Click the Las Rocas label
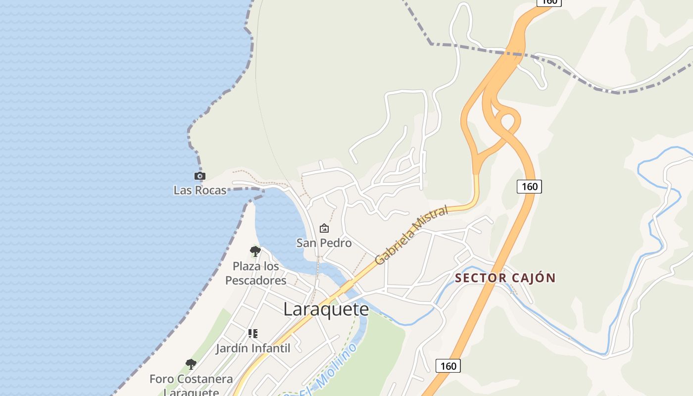tap(200, 190)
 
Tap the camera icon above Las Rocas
tap(199, 176)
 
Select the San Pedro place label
tap(324, 243)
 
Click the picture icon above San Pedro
tap(324, 228)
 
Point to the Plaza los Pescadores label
tap(255, 273)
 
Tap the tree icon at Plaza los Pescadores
tap(255, 251)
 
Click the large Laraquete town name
tap(326, 309)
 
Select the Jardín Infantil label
tap(253, 348)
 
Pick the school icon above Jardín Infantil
tap(253, 334)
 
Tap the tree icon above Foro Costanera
tap(191, 365)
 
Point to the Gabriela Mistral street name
tap(411, 235)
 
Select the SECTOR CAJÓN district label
tap(505, 278)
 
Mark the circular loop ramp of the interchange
tap(508, 121)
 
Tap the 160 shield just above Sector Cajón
tap(529, 187)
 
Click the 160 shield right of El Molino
tap(448, 366)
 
